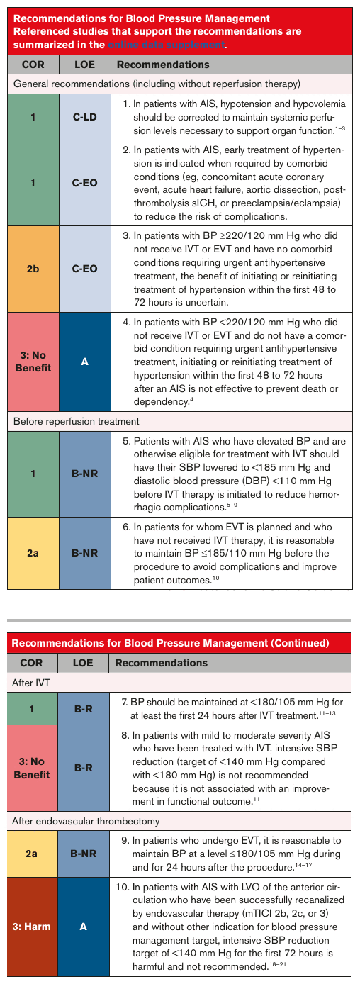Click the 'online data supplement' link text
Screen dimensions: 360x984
pos(167,45)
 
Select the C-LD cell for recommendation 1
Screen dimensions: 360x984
pos(85,117)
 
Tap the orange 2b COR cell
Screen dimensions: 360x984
pos(33,269)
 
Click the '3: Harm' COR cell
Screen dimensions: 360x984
pos(32,927)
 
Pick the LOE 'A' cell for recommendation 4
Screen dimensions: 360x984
pos(85,362)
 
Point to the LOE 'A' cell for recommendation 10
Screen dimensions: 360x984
pos(83,927)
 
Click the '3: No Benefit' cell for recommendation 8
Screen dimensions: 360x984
pos(32,768)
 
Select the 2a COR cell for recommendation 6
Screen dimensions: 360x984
pos(33,553)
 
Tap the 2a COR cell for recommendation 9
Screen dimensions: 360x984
pos(32,854)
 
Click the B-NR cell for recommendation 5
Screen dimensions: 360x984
pos(85,474)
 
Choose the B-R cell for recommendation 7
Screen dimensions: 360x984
pos(83,708)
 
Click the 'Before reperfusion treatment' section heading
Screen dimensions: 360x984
pos(77,421)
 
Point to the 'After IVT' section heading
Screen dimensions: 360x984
pos(30,683)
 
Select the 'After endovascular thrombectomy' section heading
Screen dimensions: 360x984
pos(86,821)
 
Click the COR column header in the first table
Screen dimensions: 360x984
pos(33,65)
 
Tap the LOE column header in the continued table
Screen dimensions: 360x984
pos(83,663)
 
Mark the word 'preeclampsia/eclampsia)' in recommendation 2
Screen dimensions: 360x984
pos(286,203)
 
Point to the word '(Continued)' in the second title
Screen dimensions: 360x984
pos(300,643)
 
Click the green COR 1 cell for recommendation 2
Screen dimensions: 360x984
pos(33,183)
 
